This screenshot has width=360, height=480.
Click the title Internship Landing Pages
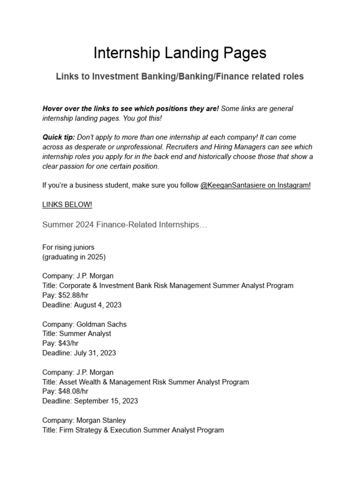tap(180, 53)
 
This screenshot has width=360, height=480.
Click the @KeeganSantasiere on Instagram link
tap(255, 185)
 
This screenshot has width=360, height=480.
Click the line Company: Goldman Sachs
tap(84, 324)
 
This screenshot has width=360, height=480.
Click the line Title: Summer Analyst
tap(76, 334)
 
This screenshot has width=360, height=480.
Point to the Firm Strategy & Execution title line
tap(133, 430)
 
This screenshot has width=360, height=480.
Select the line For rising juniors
tap(68, 247)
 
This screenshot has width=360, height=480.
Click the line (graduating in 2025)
tap(74, 256)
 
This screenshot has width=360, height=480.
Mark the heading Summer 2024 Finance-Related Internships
tap(125, 225)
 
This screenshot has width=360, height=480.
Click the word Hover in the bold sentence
tap(53, 108)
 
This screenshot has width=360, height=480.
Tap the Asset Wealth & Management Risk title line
tap(145, 382)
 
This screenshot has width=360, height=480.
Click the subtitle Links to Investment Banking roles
tap(180, 76)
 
